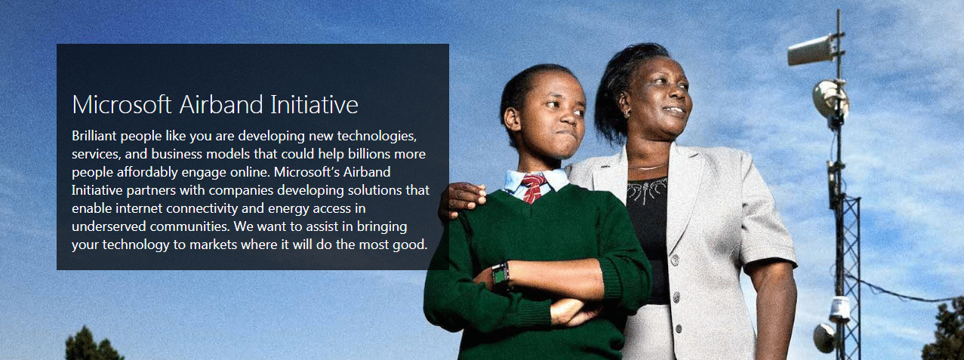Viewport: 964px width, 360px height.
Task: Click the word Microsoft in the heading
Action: coord(122,104)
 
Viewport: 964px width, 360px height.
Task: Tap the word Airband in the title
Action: coord(220,104)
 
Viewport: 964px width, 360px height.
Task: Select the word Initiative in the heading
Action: coord(314,104)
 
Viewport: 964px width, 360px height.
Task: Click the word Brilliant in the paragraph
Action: coord(94,136)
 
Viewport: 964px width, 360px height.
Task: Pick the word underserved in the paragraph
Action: coord(109,226)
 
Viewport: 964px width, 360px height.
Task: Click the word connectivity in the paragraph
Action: coord(202,208)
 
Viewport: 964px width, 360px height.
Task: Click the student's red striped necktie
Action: coord(534,187)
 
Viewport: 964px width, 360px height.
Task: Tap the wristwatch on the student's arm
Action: coord(501,276)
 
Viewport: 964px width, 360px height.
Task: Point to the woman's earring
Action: coord(626,113)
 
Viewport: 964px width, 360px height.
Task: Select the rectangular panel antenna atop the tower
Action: coord(811,51)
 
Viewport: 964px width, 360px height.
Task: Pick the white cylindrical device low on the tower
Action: coord(839,309)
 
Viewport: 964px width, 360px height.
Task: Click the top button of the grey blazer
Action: coord(674,260)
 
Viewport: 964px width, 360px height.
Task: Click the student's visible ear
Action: coord(512,119)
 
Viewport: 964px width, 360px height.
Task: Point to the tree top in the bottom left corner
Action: coord(93,344)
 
